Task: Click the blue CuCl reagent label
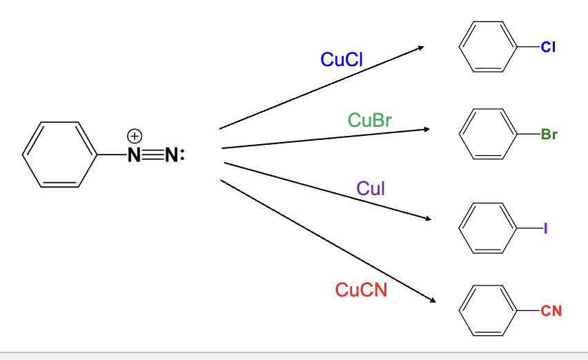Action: (342, 60)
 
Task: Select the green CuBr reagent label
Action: (370, 120)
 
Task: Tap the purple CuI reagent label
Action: (371, 188)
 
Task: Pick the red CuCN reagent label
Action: (361, 290)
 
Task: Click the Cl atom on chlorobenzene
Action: (549, 48)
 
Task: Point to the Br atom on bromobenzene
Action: (549, 134)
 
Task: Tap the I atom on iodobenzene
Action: (545, 226)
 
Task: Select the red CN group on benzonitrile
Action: (551, 311)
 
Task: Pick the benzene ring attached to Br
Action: (488, 134)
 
